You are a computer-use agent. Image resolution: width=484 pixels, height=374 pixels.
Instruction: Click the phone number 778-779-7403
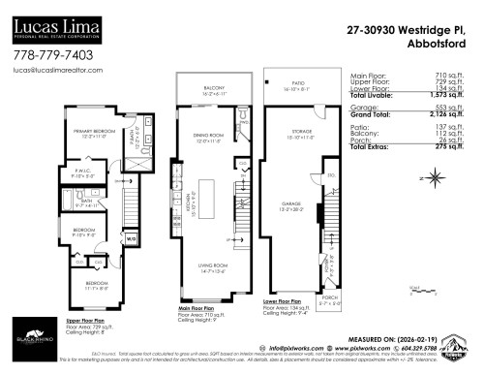point(52,56)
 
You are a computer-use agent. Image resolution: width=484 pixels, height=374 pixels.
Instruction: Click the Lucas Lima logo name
point(59,20)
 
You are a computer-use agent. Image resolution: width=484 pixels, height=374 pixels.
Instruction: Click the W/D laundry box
point(131,238)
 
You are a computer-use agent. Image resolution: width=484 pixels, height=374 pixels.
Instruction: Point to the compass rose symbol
point(437,176)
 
